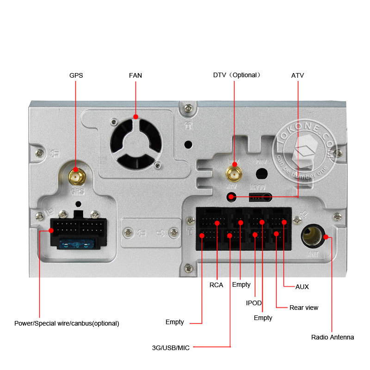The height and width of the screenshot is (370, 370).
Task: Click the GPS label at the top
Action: click(x=76, y=75)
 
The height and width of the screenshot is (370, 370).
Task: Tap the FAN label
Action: click(x=136, y=75)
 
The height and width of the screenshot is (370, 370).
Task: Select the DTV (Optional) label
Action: click(x=237, y=75)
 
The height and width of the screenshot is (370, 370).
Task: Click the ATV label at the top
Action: click(x=297, y=75)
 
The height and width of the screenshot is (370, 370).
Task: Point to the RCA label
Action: click(x=216, y=285)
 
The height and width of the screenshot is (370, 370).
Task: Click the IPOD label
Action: click(x=254, y=303)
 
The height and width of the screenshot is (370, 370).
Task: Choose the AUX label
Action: click(x=302, y=287)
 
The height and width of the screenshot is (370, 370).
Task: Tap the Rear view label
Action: click(x=304, y=308)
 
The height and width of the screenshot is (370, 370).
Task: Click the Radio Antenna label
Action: click(x=333, y=337)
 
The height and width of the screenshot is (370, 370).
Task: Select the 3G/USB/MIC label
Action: click(x=171, y=347)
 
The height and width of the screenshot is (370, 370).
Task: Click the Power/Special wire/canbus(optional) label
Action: click(x=67, y=324)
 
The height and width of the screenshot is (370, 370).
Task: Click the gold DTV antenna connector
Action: click(x=234, y=173)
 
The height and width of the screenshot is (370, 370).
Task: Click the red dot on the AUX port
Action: click(x=284, y=222)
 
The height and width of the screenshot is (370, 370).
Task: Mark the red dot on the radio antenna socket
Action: click(x=326, y=237)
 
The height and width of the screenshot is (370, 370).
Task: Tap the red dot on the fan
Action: click(x=136, y=117)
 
